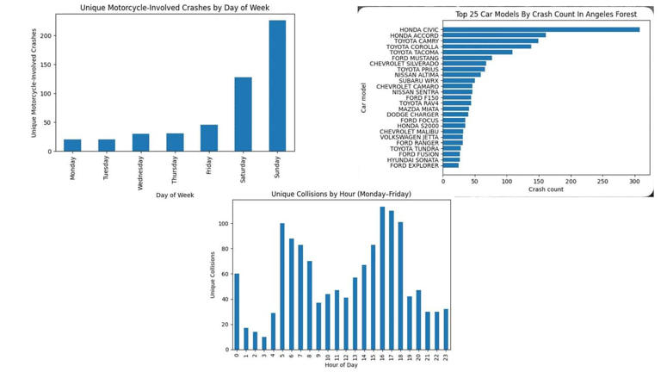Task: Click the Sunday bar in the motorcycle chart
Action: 277,86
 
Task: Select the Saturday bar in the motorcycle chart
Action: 243,115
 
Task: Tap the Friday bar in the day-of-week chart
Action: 209,138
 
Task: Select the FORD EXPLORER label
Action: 413,164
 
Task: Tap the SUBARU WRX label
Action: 419,80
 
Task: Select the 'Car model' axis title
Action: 363,97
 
